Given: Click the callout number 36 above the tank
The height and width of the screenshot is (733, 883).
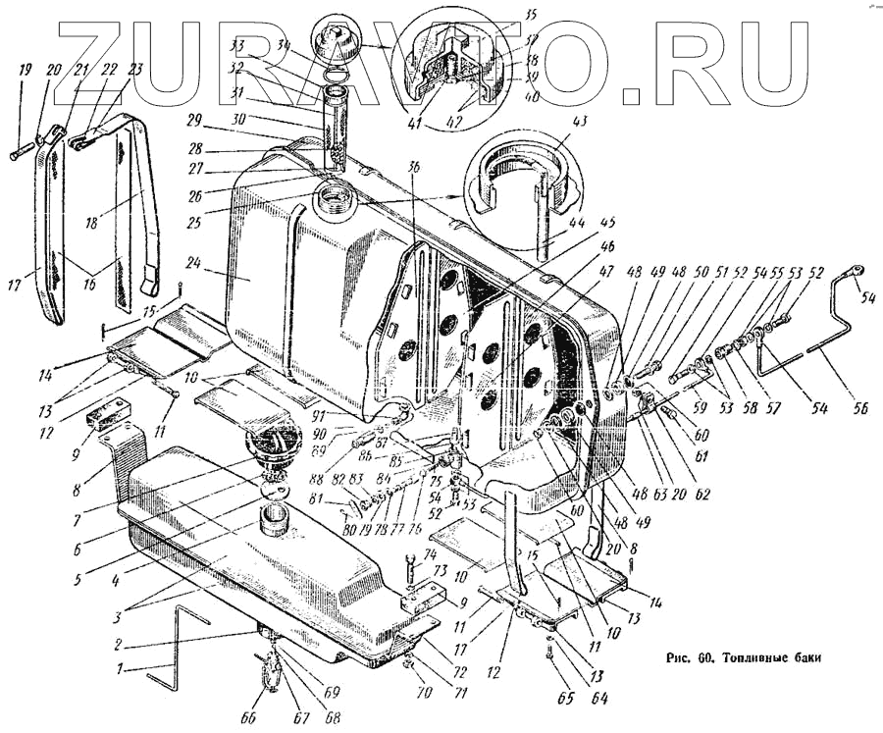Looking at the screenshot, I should (x=413, y=167).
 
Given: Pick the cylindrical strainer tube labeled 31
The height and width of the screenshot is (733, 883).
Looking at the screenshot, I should (x=336, y=128).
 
